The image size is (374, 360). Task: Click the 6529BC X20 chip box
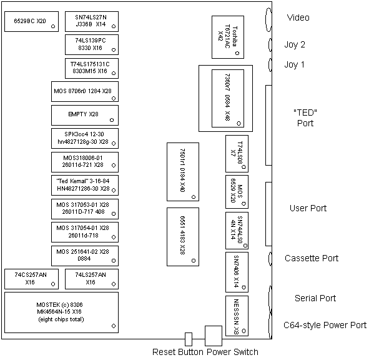coord(31,21)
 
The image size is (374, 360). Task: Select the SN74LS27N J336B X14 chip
coord(92,21)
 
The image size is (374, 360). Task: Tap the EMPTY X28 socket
coord(85,115)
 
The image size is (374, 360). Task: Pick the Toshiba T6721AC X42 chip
coord(228,37)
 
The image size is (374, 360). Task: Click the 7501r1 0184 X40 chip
coord(183,172)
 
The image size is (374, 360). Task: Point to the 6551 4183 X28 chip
coord(183,237)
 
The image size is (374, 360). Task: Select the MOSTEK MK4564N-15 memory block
coord(62,312)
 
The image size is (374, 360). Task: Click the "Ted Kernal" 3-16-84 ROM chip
coord(85,185)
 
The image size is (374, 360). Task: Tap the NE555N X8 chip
coord(237,316)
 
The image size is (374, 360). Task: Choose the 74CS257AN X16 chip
coord(31,279)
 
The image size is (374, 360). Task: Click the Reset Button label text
coord(178,352)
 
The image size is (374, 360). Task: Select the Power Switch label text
coord(232,352)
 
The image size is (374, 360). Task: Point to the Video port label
coord(298,17)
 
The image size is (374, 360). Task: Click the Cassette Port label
coord(312,258)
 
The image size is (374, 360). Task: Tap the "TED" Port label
coord(305,117)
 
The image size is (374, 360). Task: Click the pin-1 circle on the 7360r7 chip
coord(239,123)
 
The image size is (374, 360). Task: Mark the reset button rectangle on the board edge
coord(189,339)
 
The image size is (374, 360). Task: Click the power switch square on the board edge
coord(214,336)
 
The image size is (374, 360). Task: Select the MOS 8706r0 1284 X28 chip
coord(85,92)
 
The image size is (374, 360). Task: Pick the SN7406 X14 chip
coord(237,272)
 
